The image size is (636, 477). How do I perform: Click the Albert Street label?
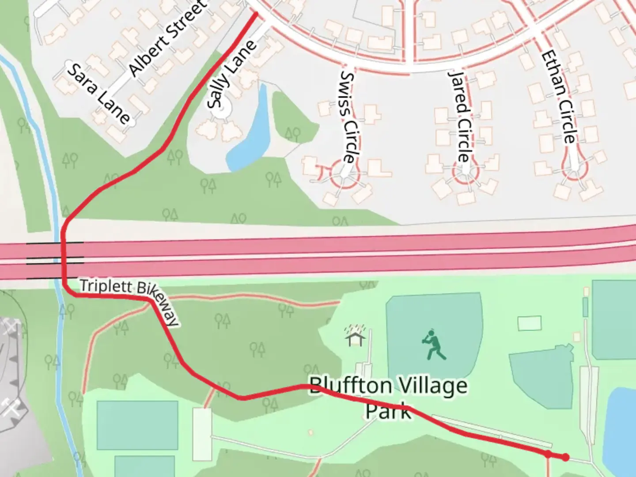[x=167, y=39]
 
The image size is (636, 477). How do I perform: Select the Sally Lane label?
[x=231, y=75]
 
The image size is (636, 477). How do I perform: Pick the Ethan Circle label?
[x=559, y=97]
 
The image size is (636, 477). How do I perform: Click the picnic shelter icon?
[x=356, y=337]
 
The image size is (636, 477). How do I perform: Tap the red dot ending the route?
[x=565, y=457]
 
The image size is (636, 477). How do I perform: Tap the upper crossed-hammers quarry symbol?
[x=10, y=327]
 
